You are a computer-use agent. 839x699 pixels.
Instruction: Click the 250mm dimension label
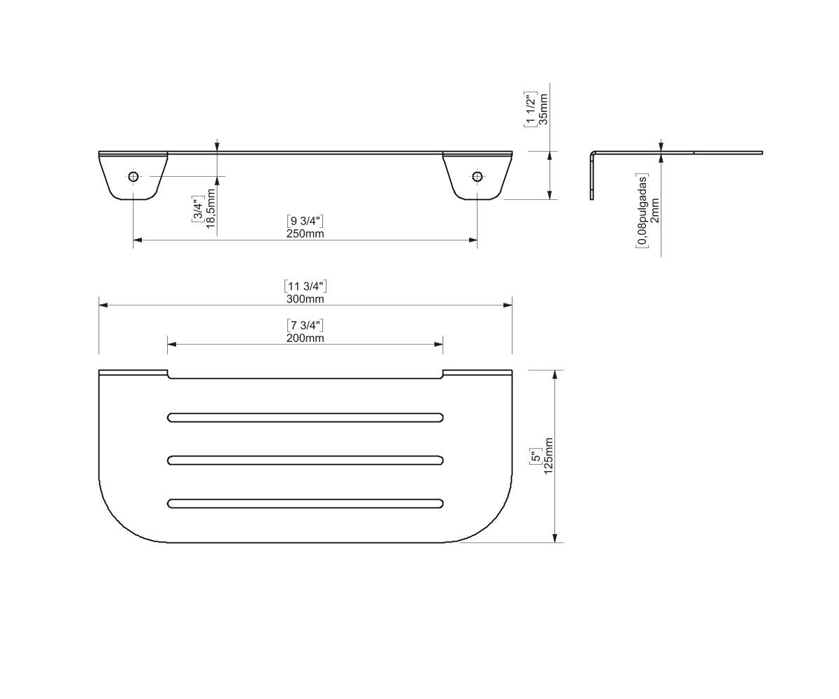pos(305,233)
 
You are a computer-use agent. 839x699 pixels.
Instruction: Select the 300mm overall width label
pos(305,299)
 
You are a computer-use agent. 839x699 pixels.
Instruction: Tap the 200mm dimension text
pos(305,338)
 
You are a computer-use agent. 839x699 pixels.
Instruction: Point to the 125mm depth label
pos(548,456)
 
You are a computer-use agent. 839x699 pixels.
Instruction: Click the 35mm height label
pos(543,109)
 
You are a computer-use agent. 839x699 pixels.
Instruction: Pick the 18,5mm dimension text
pos(211,208)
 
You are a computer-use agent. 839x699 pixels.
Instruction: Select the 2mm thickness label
pos(654,210)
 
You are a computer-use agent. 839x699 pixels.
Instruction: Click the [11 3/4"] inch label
pos(306,286)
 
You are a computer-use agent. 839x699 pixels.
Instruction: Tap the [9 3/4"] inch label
pos(305,221)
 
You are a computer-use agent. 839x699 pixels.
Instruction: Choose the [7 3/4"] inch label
pos(305,325)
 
